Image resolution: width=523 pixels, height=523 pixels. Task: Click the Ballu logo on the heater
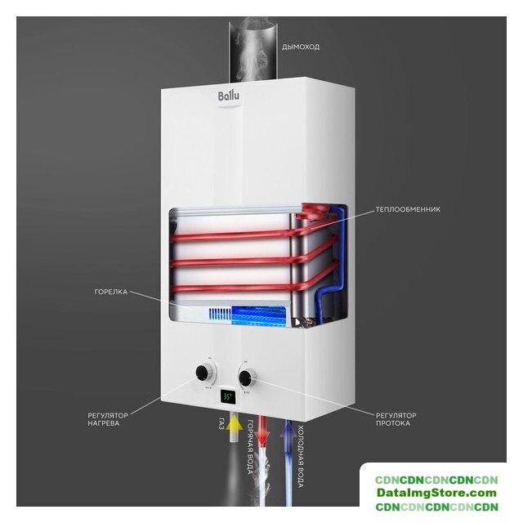[229, 96]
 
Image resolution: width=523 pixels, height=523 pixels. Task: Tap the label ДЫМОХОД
[301, 47]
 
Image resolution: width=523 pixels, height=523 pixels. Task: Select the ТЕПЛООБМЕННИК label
[408, 209]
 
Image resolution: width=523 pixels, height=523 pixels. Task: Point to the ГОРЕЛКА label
[111, 292]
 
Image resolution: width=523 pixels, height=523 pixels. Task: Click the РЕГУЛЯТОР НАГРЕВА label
[108, 419]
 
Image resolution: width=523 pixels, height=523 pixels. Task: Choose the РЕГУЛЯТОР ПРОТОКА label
[396, 419]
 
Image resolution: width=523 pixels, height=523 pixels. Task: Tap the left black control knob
[202, 372]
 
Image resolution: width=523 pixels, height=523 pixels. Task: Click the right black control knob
[245, 378]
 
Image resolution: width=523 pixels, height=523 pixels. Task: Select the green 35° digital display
[228, 397]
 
